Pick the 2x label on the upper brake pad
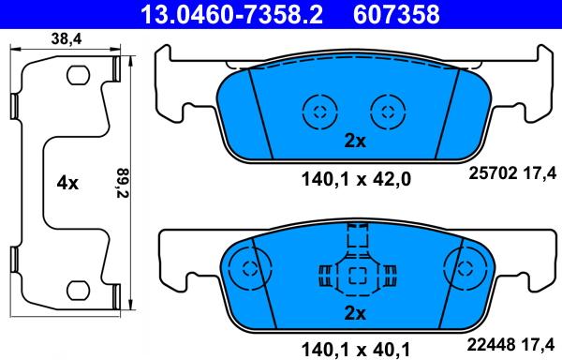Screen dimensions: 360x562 (353, 142)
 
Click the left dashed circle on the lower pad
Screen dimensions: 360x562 (248, 267)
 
